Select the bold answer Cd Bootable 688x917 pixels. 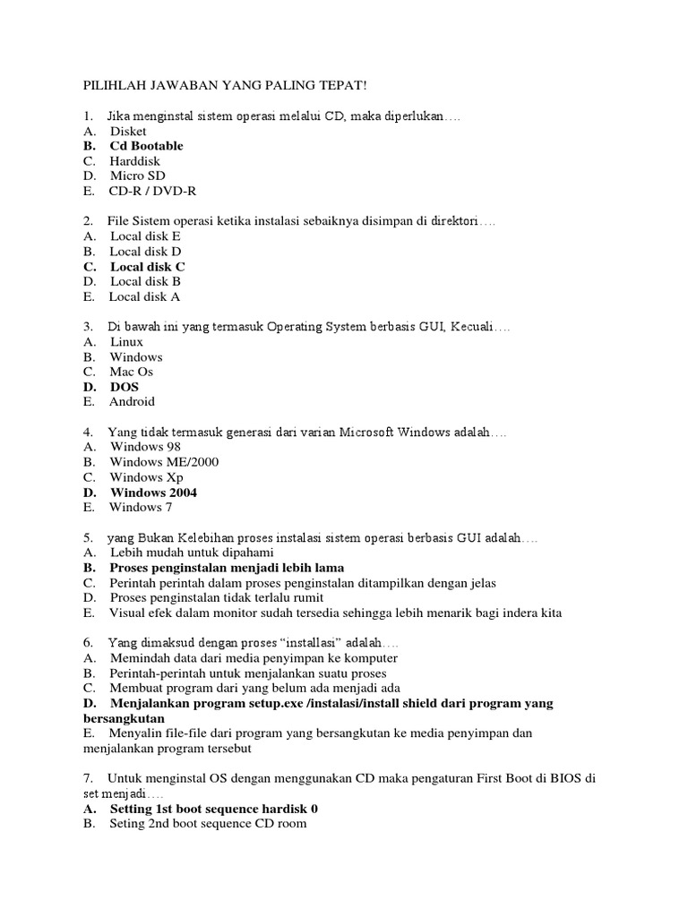point(146,145)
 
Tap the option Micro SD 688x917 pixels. point(137,176)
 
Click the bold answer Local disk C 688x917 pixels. point(148,266)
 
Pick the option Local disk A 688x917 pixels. point(144,296)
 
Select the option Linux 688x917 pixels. point(126,341)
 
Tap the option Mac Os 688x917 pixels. point(133,372)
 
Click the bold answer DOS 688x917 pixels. point(125,387)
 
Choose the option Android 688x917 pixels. point(132,402)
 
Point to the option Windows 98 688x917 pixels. point(139,447)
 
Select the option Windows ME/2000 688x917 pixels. point(164,462)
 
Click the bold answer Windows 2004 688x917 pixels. point(153,493)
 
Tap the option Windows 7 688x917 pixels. point(141,508)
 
